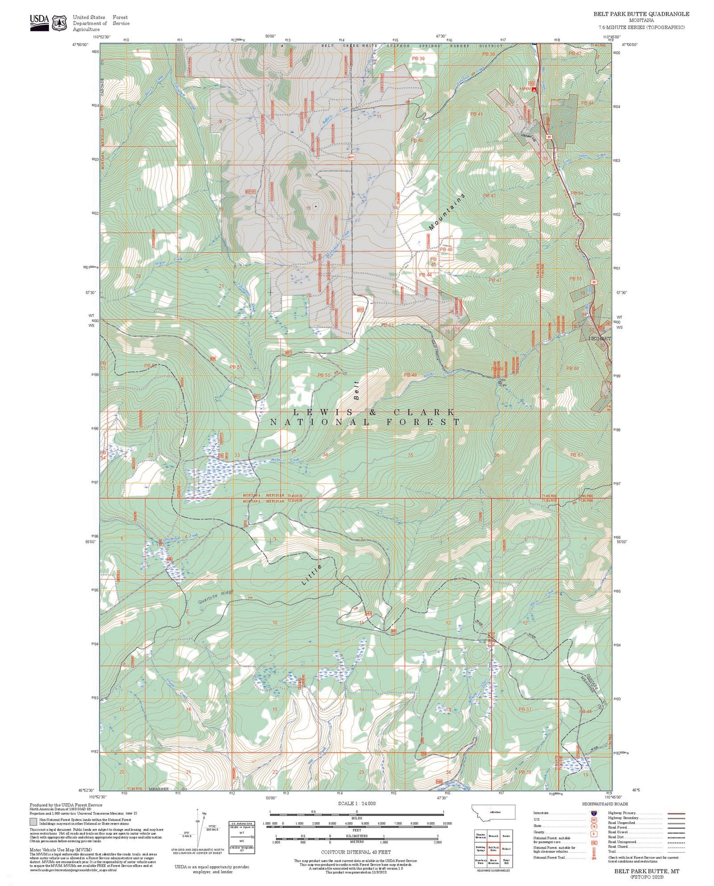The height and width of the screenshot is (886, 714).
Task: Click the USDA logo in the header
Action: [40, 22]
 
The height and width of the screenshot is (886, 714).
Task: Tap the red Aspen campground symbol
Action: [535, 89]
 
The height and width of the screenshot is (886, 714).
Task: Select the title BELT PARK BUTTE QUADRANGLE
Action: [641, 14]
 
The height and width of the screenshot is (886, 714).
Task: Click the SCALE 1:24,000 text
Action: [357, 803]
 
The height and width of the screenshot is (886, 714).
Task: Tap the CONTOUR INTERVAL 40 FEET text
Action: [357, 852]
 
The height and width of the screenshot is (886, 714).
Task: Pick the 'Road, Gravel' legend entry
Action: [619, 832]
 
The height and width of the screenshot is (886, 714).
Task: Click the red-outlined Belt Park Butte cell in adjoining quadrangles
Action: [493, 848]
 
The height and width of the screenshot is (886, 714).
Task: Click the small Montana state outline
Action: [493, 812]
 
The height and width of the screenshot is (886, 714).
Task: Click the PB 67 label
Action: [576, 455]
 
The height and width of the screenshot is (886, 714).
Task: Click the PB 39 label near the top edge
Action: [418, 58]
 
